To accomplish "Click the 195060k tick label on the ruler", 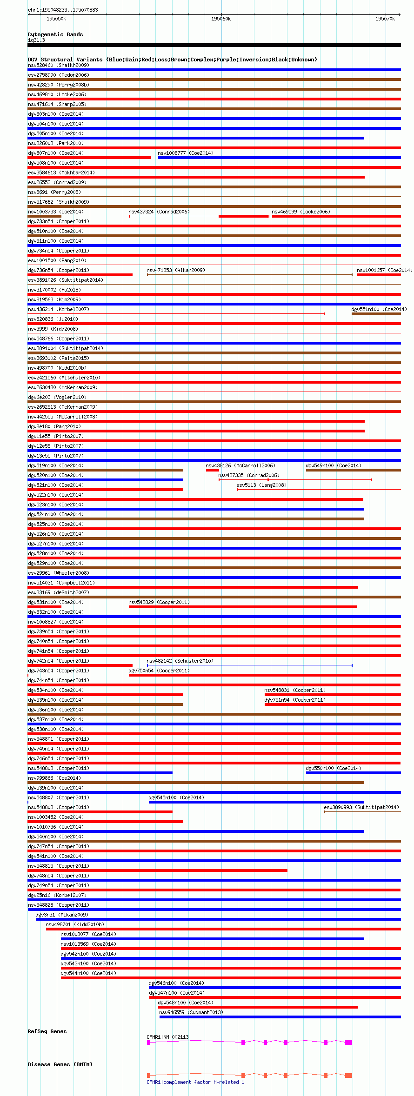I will (220, 19).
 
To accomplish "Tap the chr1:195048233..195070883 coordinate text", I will (63, 10).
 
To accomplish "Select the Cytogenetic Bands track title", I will (55, 34).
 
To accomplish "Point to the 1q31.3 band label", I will (36, 40).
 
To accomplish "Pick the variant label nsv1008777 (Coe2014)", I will (185, 153).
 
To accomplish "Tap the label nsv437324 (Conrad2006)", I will (159, 212).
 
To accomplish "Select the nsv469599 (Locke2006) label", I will (300, 212).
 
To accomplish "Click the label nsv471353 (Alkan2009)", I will (175, 270).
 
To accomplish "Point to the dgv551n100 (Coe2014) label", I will (379, 309).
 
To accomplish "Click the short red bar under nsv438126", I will (212, 470).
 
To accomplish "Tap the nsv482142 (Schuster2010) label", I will (180, 661).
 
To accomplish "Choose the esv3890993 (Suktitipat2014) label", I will (361, 807).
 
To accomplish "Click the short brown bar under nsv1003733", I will (44, 216).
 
